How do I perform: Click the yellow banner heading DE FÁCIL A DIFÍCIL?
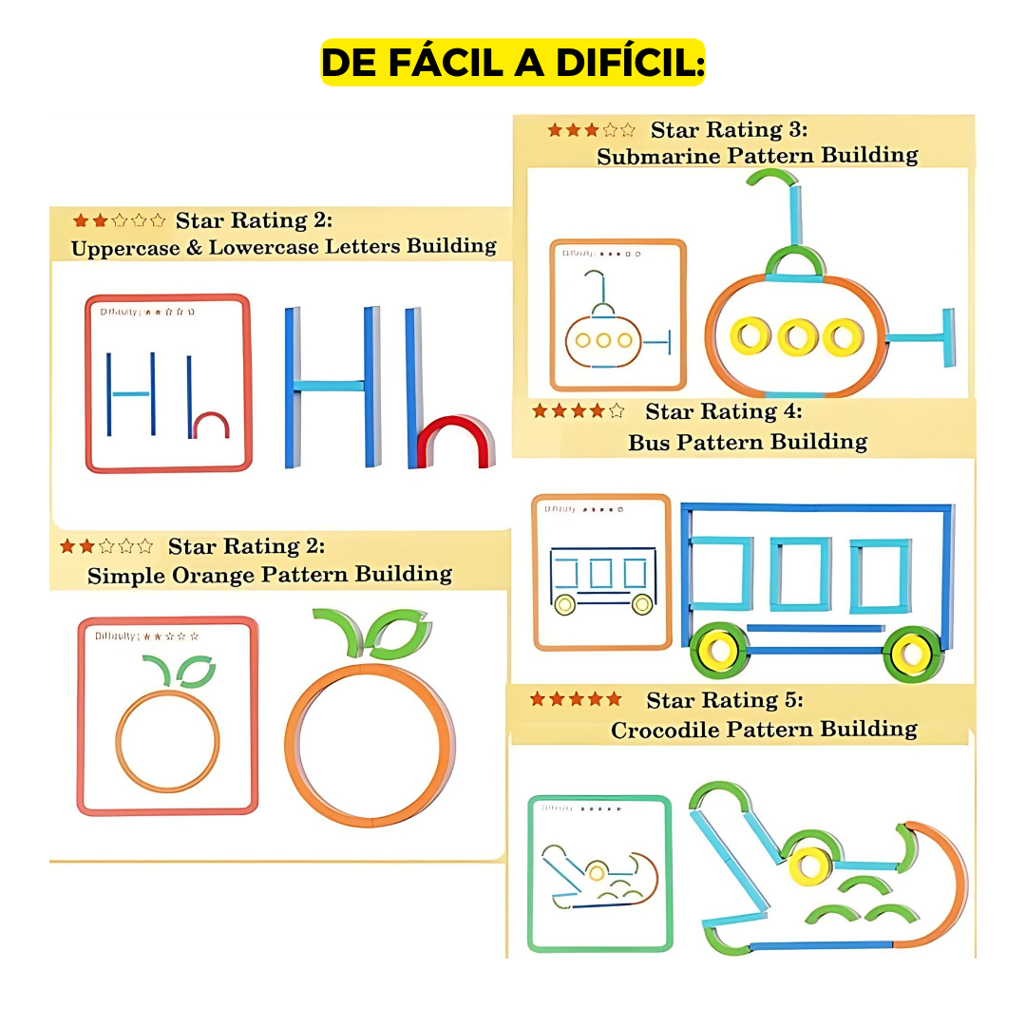513,63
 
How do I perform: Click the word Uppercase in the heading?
120,247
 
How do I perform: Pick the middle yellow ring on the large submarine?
796,336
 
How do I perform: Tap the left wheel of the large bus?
720,652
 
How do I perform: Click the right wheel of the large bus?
912,653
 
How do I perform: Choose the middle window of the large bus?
800,573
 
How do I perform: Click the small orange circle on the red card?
167,741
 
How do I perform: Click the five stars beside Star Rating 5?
576,699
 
